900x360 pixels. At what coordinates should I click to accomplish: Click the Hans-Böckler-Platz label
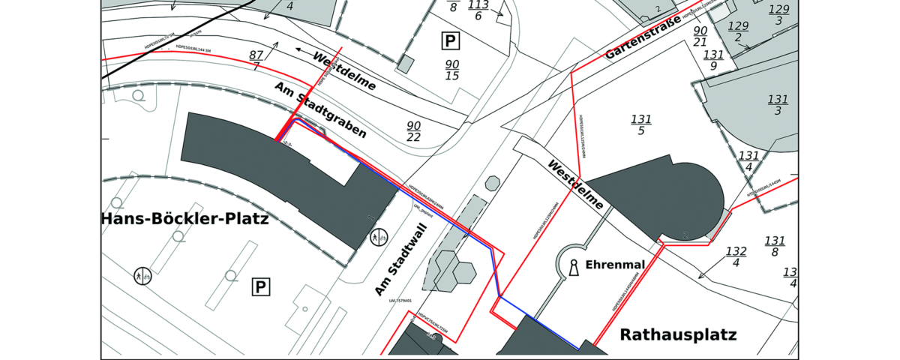pyautogui.click(x=174, y=219)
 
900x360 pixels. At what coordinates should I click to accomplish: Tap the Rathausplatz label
pyautogui.click(x=678, y=334)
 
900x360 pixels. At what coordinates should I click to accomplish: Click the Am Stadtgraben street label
pyautogui.click(x=321, y=111)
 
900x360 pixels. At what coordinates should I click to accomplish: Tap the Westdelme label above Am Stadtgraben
pyautogui.click(x=344, y=72)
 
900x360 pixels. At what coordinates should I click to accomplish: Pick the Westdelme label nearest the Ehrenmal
pyautogui.click(x=576, y=184)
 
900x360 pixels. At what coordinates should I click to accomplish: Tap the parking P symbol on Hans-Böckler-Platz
pyautogui.click(x=260, y=286)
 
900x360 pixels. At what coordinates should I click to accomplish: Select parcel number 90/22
pyautogui.click(x=413, y=131)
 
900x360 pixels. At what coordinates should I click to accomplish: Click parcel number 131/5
pyautogui.click(x=641, y=124)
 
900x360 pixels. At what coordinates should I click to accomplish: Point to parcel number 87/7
pyautogui.click(x=256, y=61)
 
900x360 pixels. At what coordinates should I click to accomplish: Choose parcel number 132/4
pyautogui.click(x=736, y=256)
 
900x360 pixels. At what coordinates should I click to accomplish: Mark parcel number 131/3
pyautogui.click(x=778, y=105)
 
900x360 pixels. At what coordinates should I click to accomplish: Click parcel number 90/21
pyautogui.click(x=700, y=36)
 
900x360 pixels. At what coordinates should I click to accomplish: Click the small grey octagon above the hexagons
pyautogui.click(x=492, y=182)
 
